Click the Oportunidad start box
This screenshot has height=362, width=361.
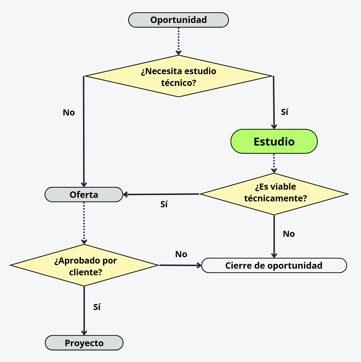pos(178,20)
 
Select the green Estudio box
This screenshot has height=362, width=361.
pos(274,141)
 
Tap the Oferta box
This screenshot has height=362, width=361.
pos(84,195)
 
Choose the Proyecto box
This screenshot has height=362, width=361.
pos(84,343)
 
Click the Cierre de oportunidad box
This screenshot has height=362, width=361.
pos(274,266)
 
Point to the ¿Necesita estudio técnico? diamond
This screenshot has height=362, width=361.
pos(178,76)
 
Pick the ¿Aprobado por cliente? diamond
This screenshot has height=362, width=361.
pos(84,265)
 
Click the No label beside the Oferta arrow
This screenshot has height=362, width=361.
pos(69,112)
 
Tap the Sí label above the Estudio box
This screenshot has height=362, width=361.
pos(284,112)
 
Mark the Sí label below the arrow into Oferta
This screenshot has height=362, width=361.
pos(164,204)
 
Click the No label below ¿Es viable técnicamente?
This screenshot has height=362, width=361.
pos(289,234)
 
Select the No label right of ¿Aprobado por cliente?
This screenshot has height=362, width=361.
pos(181,254)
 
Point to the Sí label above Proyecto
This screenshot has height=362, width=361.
pos(97,307)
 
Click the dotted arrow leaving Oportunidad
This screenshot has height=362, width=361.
pos(178,41)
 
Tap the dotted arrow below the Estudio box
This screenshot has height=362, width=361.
pos(274,163)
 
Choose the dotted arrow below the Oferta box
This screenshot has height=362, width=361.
pos(84,223)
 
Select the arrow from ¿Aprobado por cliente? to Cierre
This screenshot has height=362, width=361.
pos(180,265)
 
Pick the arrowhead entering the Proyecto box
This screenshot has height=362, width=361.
pos(84,332)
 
